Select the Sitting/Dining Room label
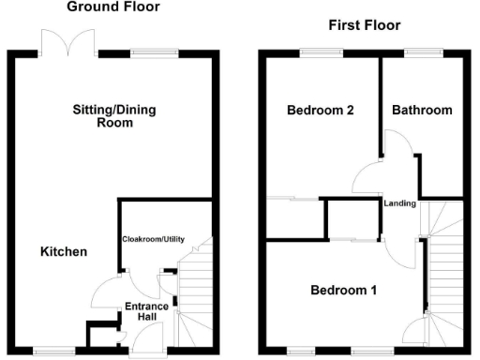[x=114, y=116]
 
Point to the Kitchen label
[x=64, y=252]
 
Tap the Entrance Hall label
[x=147, y=312]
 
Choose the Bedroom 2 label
[x=319, y=111]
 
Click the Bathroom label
[x=422, y=111]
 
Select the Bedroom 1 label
[x=343, y=291]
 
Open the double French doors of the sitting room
[x=69, y=41]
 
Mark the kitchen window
[x=49, y=352]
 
